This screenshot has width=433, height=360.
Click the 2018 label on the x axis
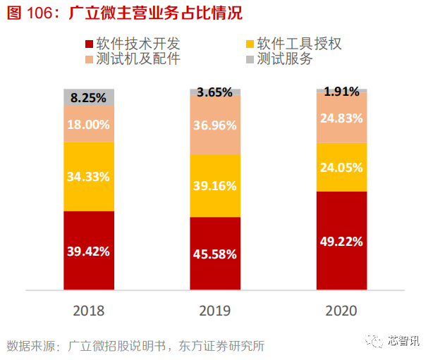pos(89,310)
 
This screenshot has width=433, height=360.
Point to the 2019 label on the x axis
pos(215,310)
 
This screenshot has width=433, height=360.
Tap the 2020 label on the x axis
pos(341,310)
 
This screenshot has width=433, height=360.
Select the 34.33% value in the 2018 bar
pos(89,176)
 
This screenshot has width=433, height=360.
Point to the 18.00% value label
pos(89,125)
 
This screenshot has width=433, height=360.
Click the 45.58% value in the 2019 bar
pos(215,254)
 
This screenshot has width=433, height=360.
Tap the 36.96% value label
pos(215,125)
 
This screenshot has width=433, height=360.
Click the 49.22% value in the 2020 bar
pos(341,242)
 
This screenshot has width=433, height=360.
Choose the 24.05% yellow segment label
pos(341,168)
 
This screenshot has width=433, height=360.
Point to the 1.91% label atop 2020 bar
pos(341,91)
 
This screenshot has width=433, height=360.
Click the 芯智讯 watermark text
pos(403,341)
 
